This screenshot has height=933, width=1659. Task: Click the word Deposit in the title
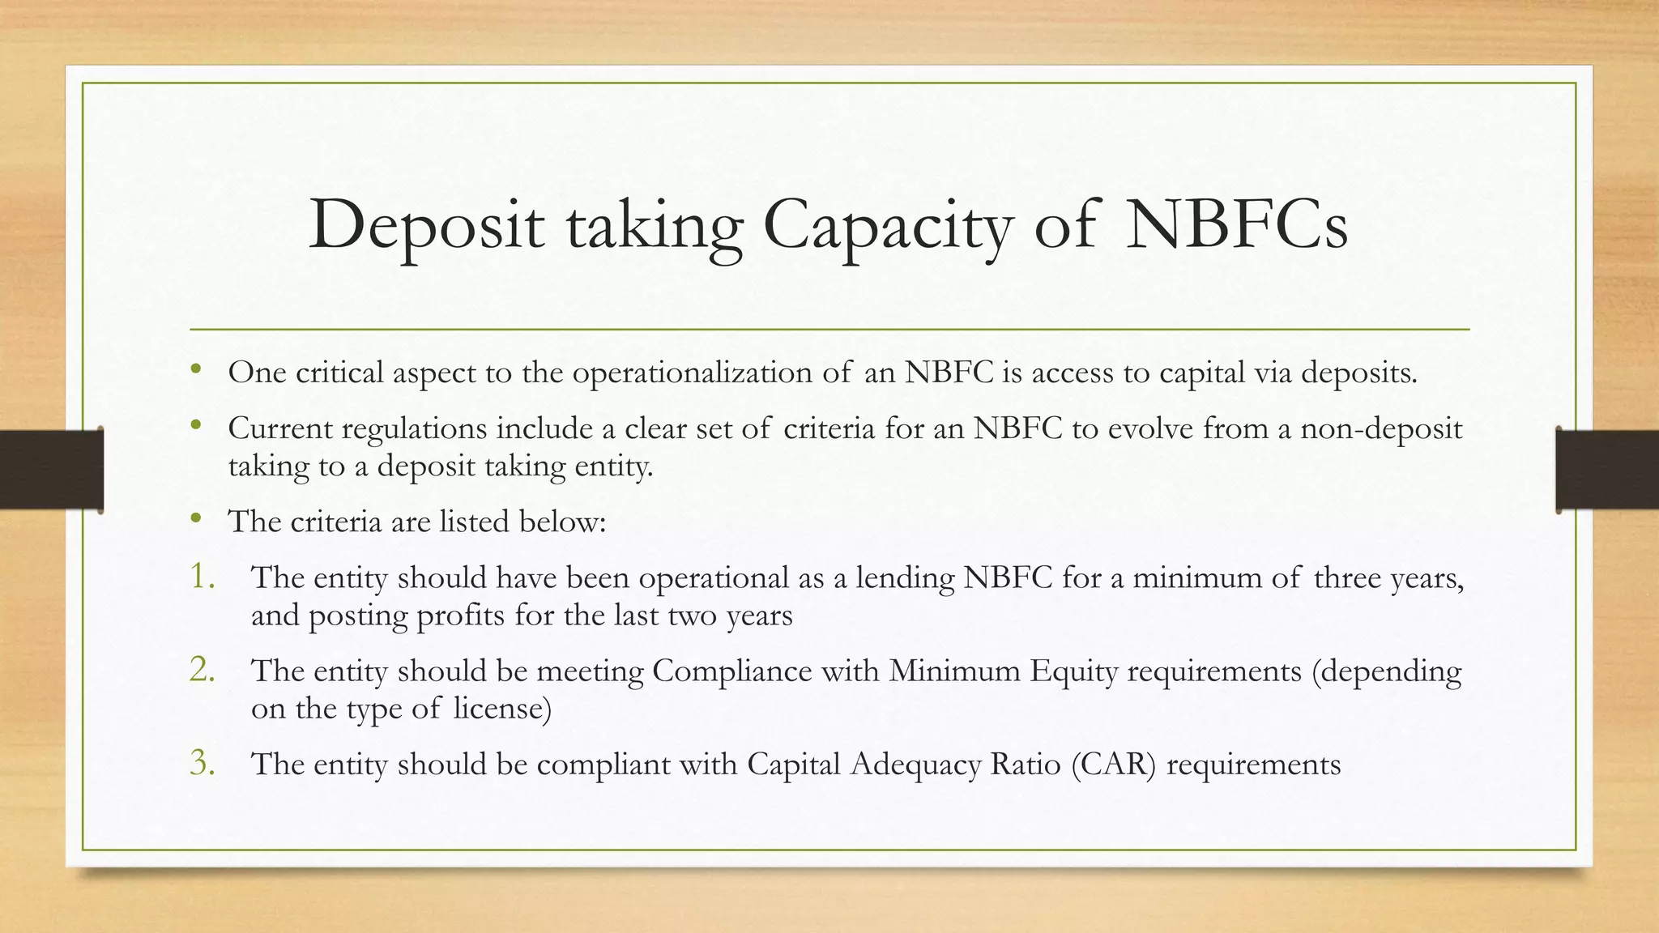tap(426, 226)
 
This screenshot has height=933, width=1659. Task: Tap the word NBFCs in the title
tap(1237, 224)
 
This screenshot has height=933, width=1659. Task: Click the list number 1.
tap(203, 577)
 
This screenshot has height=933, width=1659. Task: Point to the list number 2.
tap(203, 670)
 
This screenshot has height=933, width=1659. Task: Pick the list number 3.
tap(203, 763)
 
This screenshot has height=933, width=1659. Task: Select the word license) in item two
tap(502, 709)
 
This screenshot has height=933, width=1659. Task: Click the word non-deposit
tap(1381, 428)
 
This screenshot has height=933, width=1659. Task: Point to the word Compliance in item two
tap(731, 671)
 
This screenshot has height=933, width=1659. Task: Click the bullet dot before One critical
tap(195, 371)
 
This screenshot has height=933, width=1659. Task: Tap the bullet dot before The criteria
tap(195, 519)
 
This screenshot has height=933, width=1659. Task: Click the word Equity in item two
tap(1073, 671)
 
